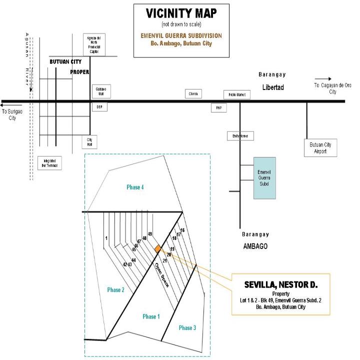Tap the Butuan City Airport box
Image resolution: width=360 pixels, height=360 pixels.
coord(320,147)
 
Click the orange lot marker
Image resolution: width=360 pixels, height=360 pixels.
coord(158,249)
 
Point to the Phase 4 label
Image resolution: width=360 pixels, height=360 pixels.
coord(135,187)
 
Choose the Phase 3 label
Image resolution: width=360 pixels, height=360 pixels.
coord(187,328)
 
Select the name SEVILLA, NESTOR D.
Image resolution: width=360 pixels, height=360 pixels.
coord(281,285)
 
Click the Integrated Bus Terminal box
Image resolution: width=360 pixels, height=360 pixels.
coord(49,163)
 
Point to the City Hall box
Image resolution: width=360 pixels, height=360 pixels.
coord(90,142)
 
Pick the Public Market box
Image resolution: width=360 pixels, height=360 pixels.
coord(236,95)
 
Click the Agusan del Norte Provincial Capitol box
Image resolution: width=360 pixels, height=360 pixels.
coord(93,44)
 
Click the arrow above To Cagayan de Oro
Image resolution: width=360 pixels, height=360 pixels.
coord(322,78)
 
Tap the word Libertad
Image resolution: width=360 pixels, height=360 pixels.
coord(272,87)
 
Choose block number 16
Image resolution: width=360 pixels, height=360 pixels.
coord(182,230)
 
